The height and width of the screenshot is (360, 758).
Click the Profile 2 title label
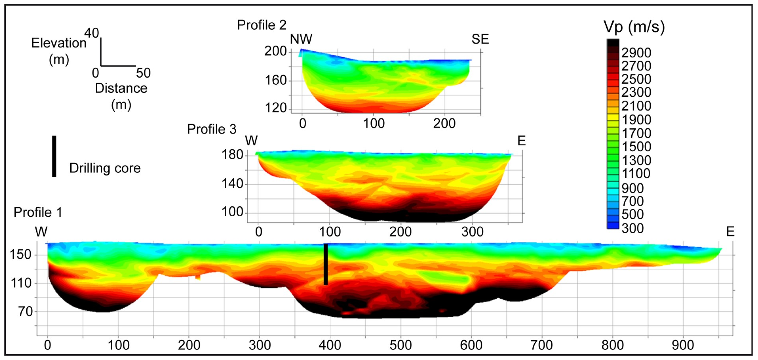[261, 25]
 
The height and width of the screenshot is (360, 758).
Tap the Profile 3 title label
[212, 129]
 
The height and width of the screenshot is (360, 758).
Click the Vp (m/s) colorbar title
[634, 27]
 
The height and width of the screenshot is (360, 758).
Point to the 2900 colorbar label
[636, 53]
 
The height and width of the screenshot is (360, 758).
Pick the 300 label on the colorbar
[632, 229]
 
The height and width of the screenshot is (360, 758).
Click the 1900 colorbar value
[636, 120]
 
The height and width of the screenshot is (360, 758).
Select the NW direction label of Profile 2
[301, 39]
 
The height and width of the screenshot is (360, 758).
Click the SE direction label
[480, 39]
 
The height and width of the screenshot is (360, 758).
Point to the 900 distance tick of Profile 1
[683, 345]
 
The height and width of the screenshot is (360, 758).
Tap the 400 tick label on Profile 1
[330, 345]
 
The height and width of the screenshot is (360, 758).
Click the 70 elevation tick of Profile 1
[25, 311]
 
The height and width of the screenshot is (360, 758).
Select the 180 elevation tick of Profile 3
[232, 155]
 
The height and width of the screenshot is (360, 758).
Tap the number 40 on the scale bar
[91, 33]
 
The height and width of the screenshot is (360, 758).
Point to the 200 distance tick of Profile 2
[444, 123]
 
